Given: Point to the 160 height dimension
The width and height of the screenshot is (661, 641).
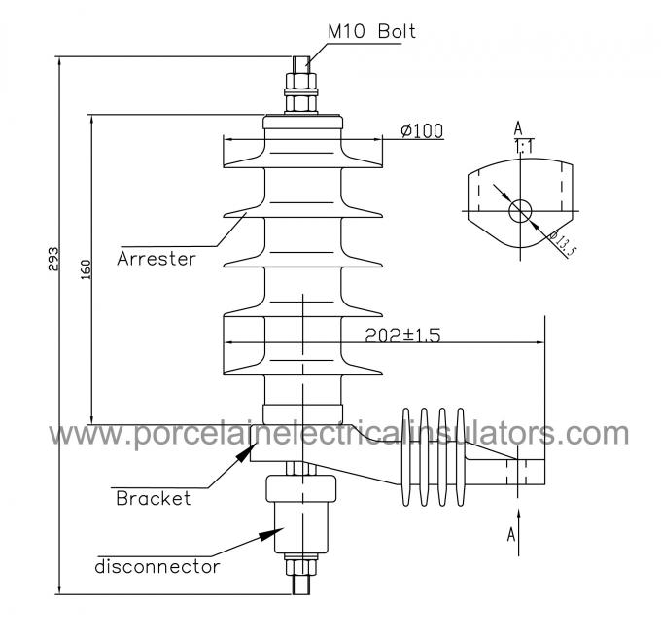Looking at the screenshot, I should click(x=85, y=269).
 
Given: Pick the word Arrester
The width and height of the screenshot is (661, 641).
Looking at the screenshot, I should click(x=157, y=259).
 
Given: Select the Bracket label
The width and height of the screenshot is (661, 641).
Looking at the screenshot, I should click(x=153, y=499).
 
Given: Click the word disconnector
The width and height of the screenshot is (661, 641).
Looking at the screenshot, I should click(x=157, y=565).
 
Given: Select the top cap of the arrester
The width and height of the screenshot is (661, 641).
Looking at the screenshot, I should click(x=303, y=125).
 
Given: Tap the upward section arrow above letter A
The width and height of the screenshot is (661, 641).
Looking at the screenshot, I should click(x=520, y=516).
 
